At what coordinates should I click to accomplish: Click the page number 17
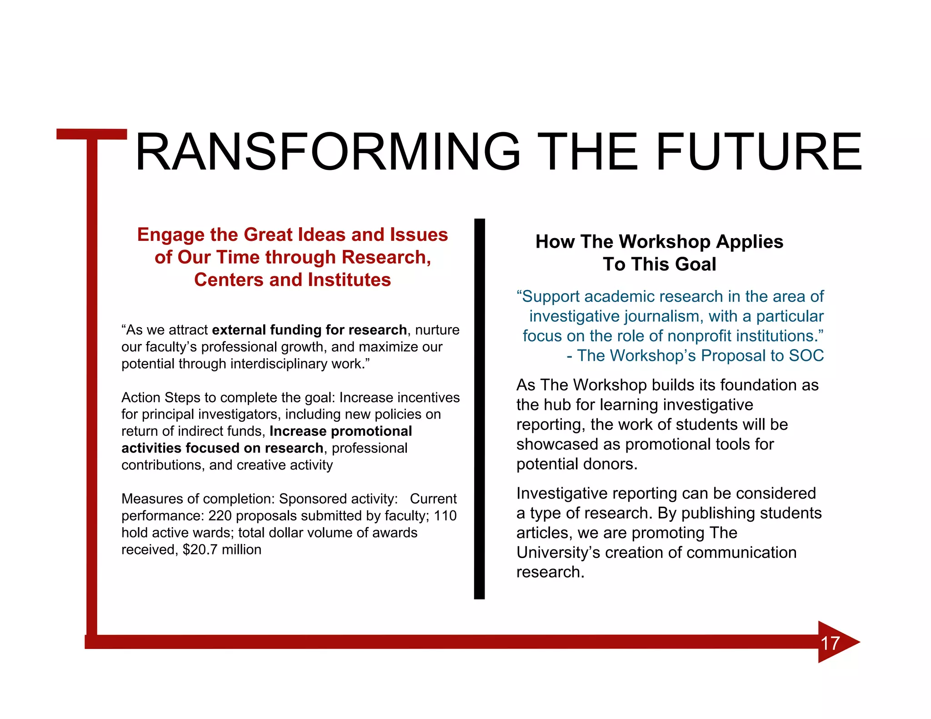pyautogui.click(x=830, y=643)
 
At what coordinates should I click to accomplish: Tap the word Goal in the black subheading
pyautogui.click(x=698, y=265)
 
